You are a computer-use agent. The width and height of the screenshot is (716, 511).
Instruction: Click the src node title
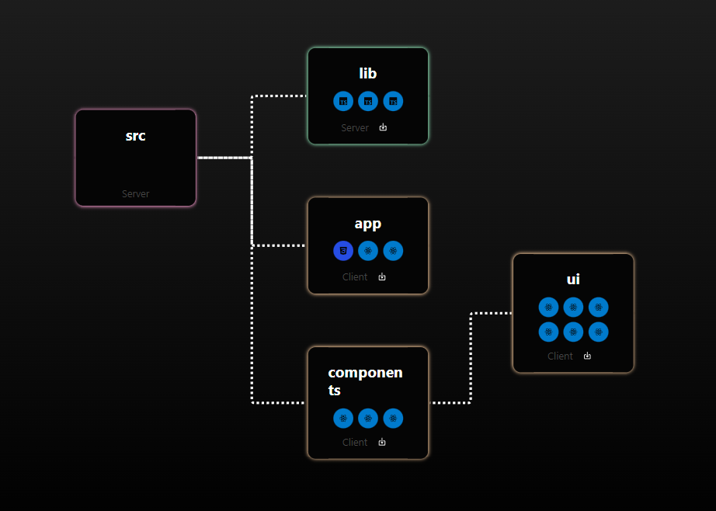tap(135, 136)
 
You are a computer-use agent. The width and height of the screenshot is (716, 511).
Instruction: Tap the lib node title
tap(368, 74)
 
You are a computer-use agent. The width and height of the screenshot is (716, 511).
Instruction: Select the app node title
tap(368, 224)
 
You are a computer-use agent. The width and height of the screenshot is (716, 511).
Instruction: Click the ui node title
tap(573, 279)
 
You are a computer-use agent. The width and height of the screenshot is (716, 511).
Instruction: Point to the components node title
tap(365, 381)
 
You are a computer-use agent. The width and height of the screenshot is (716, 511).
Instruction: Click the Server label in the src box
tap(135, 193)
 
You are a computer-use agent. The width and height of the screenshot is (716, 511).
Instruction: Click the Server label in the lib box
tap(355, 127)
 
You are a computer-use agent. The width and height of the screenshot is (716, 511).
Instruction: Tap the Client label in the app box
tap(355, 276)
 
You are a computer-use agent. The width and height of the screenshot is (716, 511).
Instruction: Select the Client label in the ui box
tap(560, 356)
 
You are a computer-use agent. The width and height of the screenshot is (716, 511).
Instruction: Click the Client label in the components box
tap(355, 442)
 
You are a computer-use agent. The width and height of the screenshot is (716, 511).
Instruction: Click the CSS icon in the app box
tap(343, 251)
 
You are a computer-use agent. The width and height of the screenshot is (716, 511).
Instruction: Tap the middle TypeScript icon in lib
tap(368, 101)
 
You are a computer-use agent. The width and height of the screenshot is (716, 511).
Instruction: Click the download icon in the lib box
tap(383, 127)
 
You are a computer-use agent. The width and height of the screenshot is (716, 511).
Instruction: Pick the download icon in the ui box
tap(587, 356)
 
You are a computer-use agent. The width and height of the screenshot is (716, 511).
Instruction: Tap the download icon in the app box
tap(382, 276)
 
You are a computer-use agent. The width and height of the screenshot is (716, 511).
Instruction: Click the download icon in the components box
tap(382, 442)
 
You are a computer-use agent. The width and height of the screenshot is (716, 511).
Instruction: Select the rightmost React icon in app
tap(393, 251)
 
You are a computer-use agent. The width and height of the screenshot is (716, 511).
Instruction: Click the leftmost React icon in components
tap(343, 418)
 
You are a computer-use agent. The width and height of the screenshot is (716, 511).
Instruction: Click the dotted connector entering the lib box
tap(280, 96)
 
